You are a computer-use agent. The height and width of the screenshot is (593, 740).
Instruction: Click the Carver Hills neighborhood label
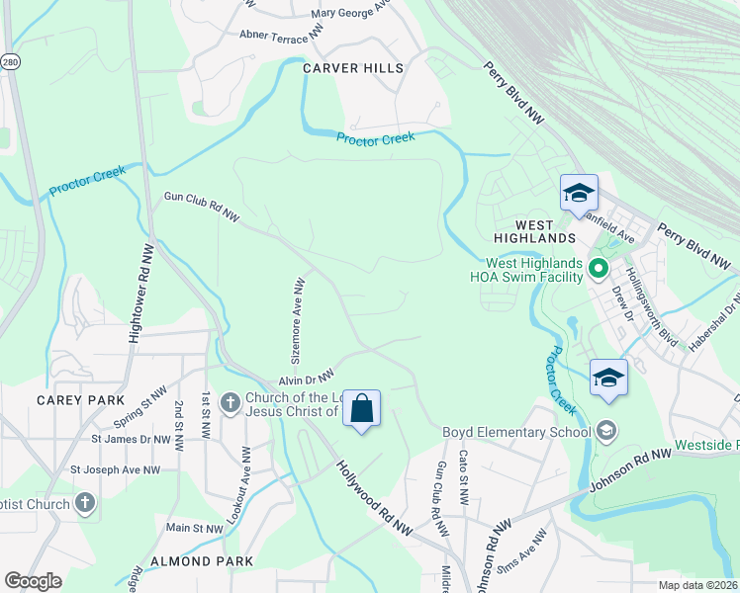pyautogui.click(x=353, y=68)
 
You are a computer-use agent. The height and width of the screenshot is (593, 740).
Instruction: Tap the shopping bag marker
pyautogui.click(x=361, y=407)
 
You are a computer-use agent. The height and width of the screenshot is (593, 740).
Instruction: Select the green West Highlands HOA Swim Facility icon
pyautogui.click(x=598, y=268)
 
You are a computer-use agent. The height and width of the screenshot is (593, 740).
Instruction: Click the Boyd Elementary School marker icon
pyautogui.click(x=605, y=431)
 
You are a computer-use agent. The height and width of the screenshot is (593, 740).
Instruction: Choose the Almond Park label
pyautogui.click(x=202, y=560)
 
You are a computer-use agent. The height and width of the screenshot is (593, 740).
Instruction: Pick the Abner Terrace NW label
pyautogui.click(x=281, y=34)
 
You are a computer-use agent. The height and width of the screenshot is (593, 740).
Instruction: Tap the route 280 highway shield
pyautogui.click(x=7, y=61)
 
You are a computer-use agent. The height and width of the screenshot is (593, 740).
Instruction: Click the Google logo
pyautogui.click(x=33, y=581)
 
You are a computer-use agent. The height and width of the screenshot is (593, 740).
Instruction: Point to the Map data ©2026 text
pyautogui.click(x=696, y=585)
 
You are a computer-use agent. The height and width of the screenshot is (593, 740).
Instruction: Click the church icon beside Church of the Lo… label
pyautogui.click(x=230, y=402)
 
